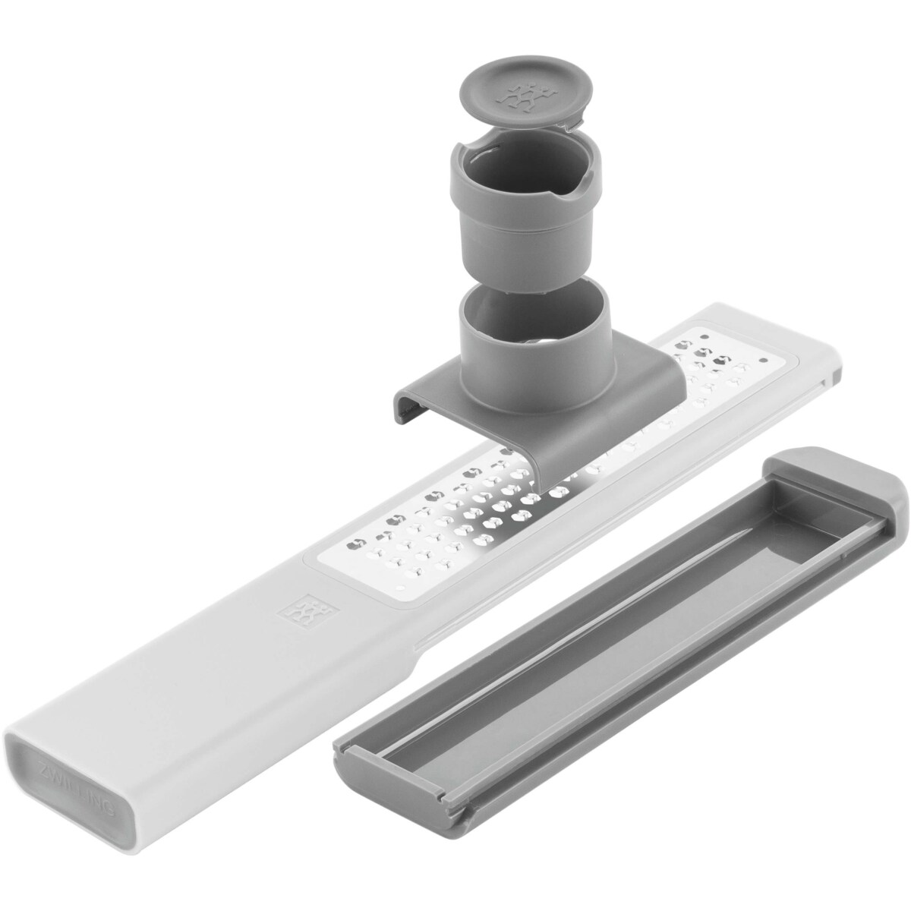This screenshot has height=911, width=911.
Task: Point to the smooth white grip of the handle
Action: [x=190, y=683]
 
